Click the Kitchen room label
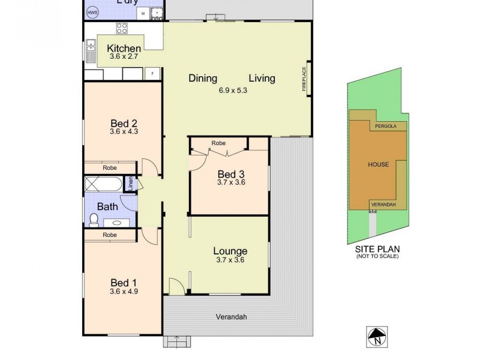click(x=124, y=49)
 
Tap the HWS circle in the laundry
click(x=92, y=13)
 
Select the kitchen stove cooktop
click(x=122, y=28)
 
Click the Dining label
click(x=203, y=78)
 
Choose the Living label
click(x=262, y=78)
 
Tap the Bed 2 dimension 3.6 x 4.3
click(x=124, y=131)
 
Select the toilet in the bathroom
click(x=93, y=220)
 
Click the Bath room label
click(x=107, y=207)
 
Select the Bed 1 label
click(x=124, y=283)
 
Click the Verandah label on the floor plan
click(x=232, y=317)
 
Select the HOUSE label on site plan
click(x=378, y=164)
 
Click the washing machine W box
click(x=144, y=13)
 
